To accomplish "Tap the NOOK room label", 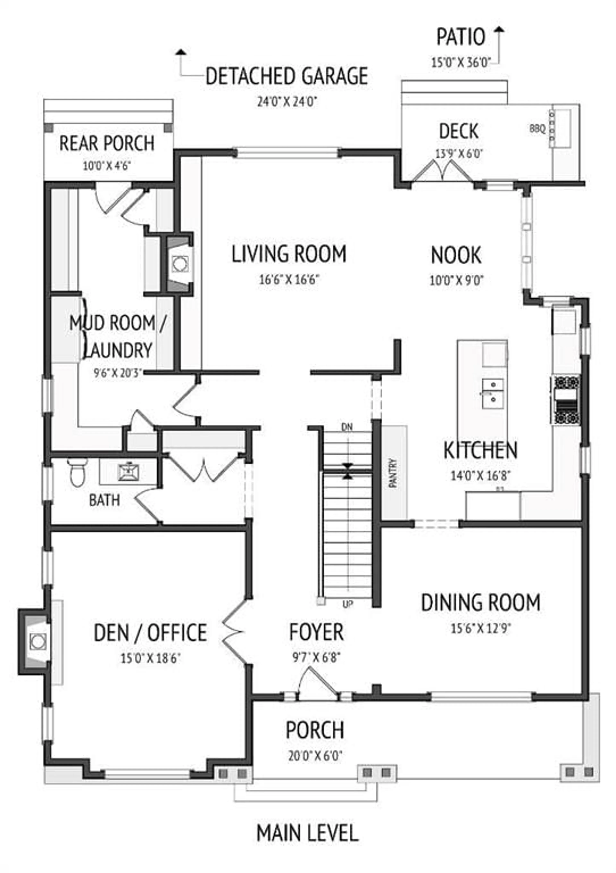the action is point(456,255).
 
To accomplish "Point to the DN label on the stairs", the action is point(347,427).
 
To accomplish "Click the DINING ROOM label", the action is point(481,602).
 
